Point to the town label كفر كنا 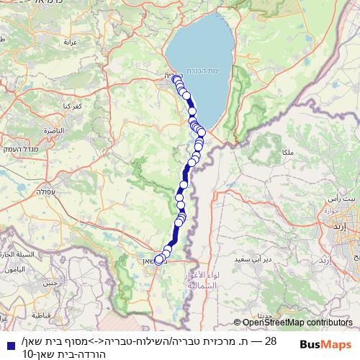point(72,106)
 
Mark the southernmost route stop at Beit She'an point(158,261)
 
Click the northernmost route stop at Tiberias point(176,78)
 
